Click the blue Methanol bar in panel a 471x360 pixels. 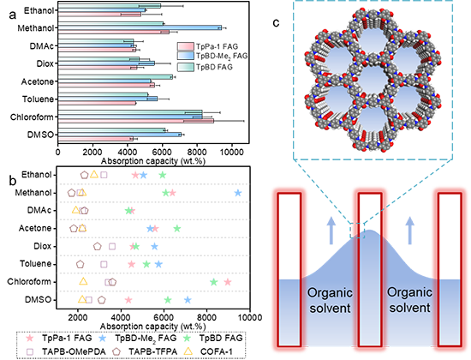pos(140,27)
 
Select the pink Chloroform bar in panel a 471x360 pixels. pos(136,121)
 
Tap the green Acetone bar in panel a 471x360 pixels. pos(116,77)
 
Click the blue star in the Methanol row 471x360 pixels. pos(237,193)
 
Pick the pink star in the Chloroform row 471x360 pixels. pos(228,282)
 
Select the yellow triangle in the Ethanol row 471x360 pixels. pos(94,174)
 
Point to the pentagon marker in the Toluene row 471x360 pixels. pos(80,264)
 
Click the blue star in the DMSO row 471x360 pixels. pos(188,300)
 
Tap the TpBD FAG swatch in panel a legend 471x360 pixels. pos(186,67)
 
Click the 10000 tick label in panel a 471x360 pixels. pos(231,152)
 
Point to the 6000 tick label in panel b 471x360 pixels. pos(164,317)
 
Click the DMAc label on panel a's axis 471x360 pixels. pos(41,46)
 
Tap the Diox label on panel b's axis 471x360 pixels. pos(42,246)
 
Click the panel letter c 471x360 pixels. pos(276,22)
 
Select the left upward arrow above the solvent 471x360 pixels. pos(331,230)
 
